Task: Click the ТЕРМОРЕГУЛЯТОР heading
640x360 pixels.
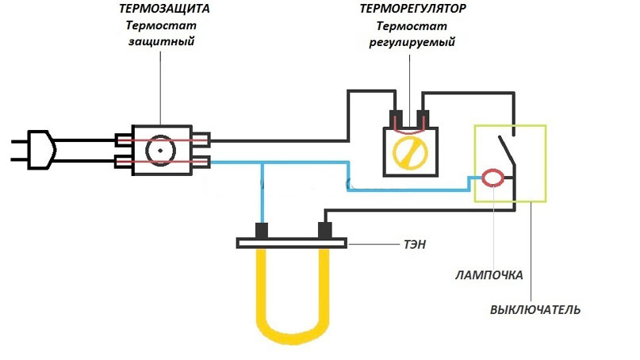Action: (412, 10)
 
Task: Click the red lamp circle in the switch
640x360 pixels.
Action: (492, 178)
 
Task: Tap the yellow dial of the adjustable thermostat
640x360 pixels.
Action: (410, 151)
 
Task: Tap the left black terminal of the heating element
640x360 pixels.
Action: (260, 231)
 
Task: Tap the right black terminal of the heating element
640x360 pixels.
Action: (324, 231)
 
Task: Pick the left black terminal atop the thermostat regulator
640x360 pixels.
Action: (395, 119)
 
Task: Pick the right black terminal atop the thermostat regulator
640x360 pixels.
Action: (424, 119)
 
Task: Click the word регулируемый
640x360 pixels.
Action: (412, 41)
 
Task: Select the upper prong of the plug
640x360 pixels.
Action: (17, 141)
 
